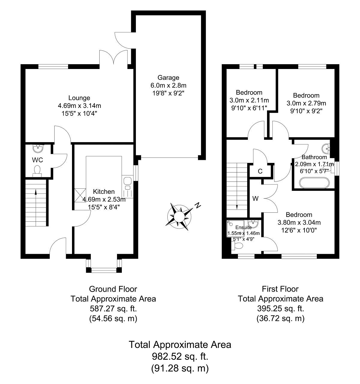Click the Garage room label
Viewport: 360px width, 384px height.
tap(168, 77)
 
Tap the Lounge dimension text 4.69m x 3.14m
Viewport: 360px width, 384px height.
tap(79, 106)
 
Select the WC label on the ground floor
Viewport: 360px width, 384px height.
tap(37, 160)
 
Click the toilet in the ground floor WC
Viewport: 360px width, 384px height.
tap(37, 171)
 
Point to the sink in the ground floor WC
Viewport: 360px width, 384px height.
tap(38, 149)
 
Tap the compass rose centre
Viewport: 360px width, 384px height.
tap(179, 217)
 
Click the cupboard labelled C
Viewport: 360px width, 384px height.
tap(260, 171)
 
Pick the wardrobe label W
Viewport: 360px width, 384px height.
tap(255, 198)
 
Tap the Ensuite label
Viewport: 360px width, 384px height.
tap(243, 227)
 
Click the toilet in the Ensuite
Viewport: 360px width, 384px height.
tap(237, 246)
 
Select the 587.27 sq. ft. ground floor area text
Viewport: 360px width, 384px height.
tap(113, 309)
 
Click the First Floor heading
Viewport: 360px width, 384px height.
tap(280, 289)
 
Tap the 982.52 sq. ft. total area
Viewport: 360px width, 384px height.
tap(180, 356)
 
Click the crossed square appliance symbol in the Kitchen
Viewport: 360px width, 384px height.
tap(80, 195)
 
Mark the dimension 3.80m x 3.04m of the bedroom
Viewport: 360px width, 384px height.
tap(299, 223)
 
